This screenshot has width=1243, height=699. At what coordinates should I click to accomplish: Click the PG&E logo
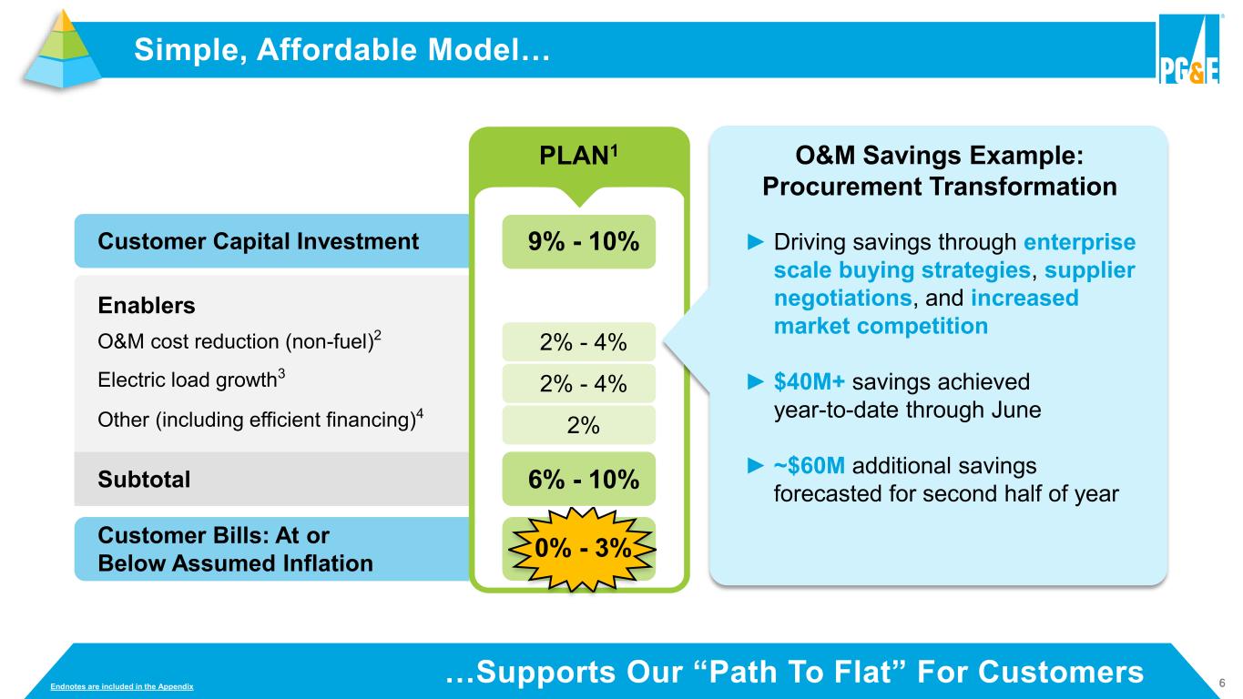pos(1189,49)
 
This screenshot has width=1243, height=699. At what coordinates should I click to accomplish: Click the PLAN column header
pos(579,156)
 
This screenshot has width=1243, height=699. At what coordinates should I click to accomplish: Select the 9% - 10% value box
pos(579,241)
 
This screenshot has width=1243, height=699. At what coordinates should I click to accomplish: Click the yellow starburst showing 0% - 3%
pos(582,549)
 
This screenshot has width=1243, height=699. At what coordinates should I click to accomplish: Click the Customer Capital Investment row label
pos(258,241)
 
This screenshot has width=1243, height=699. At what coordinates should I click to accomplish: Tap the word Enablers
pos(147,305)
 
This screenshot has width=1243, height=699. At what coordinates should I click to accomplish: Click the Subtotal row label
pos(144,479)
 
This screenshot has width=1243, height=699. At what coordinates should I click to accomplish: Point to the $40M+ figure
pos(809,381)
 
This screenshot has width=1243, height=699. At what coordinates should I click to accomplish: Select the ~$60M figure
pos(809,465)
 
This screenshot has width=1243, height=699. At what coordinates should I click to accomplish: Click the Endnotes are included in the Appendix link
pos(121,686)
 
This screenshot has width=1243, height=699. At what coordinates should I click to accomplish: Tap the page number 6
pos(1221,683)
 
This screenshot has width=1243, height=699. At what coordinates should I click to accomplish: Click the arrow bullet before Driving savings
pos(756,242)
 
